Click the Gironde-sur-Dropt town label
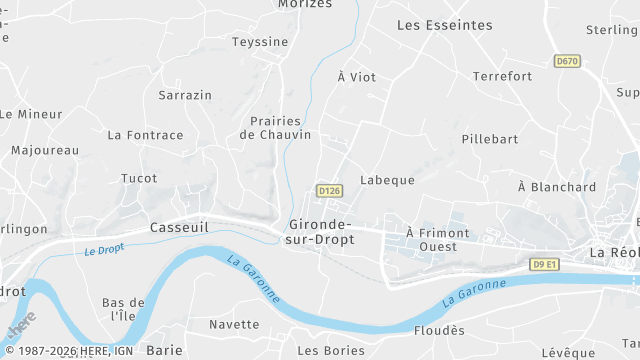coord(321,232)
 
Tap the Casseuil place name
coord(178,227)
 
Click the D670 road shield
coord(567,61)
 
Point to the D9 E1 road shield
coord(544,263)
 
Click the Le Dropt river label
coord(104,249)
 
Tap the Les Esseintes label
coord(445,24)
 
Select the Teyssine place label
coord(260,42)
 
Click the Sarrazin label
coord(185,95)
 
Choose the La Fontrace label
coord(145,135)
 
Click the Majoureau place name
coord(45,150)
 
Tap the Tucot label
coord(139,178)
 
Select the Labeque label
coord(387,180)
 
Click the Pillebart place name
coord(490,139)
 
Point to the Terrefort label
coord(502,76)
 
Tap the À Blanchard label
coord(557,187)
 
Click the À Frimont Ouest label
coord(438,240)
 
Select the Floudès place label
coord(439,330)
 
